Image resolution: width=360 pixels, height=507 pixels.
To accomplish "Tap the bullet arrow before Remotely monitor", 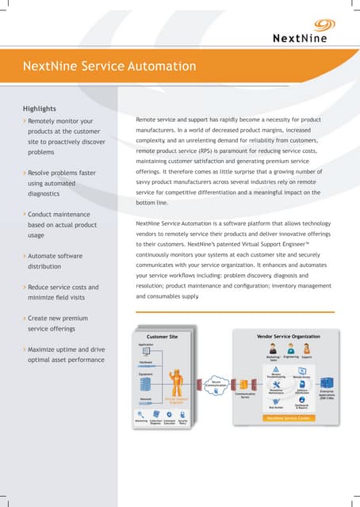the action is click(x=24, y=121).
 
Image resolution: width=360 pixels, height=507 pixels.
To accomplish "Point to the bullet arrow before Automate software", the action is click(x=24, y=257).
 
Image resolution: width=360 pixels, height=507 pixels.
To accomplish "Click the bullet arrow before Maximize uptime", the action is click(x=24, y=349).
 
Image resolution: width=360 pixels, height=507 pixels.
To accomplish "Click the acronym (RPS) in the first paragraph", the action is click(x=209, y=150).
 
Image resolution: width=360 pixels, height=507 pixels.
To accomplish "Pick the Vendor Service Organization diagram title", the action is click(x=289, y=337).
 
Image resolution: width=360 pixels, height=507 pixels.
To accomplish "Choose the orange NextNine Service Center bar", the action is click(x=289, y=417).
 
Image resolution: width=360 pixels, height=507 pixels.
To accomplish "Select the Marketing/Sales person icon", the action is click(x=271, y=349).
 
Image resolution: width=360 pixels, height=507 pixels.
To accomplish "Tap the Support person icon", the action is click(x=308, y=349).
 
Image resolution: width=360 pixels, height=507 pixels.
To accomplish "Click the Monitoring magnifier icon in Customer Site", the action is click(x=141, y=414).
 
